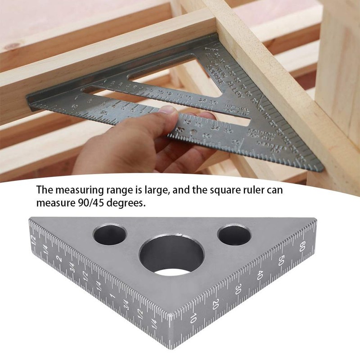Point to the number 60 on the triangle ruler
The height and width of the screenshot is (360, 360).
pyautogui.click(x=302, y=246)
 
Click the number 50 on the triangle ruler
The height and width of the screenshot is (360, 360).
pyautogui.click(x=281, y=261)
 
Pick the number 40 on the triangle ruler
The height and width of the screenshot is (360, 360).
pyautogui.click(x=260, y=275)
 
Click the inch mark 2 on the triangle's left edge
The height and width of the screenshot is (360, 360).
pyautogui.click(x=59, y=258)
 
